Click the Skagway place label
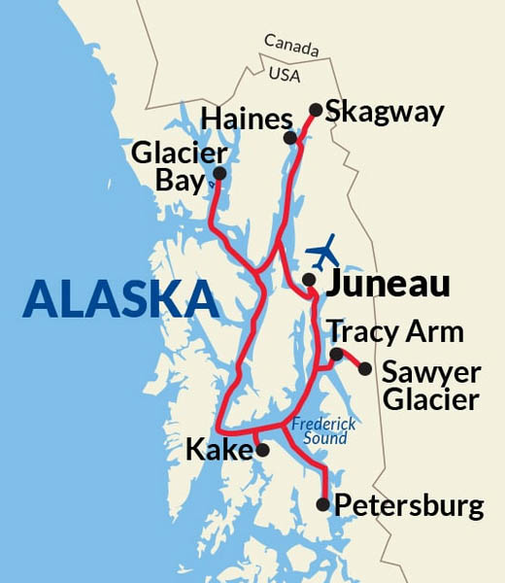pos(385,112)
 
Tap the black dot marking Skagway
pos(316,110)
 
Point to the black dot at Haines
pos(290,139)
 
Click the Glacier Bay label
pos(179,167)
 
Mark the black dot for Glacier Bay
pos(219,174)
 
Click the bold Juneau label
pos(388,284)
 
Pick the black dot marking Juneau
pos(308,280)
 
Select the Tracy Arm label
pos(394,331)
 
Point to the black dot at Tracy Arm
pos(336,355)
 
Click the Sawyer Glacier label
pos(430,386)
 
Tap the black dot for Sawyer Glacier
pos(364,369)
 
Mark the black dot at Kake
pos(261,450)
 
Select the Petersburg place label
pos(408,505)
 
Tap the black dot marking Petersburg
pos(323,504)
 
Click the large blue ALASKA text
pos(120,298)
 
